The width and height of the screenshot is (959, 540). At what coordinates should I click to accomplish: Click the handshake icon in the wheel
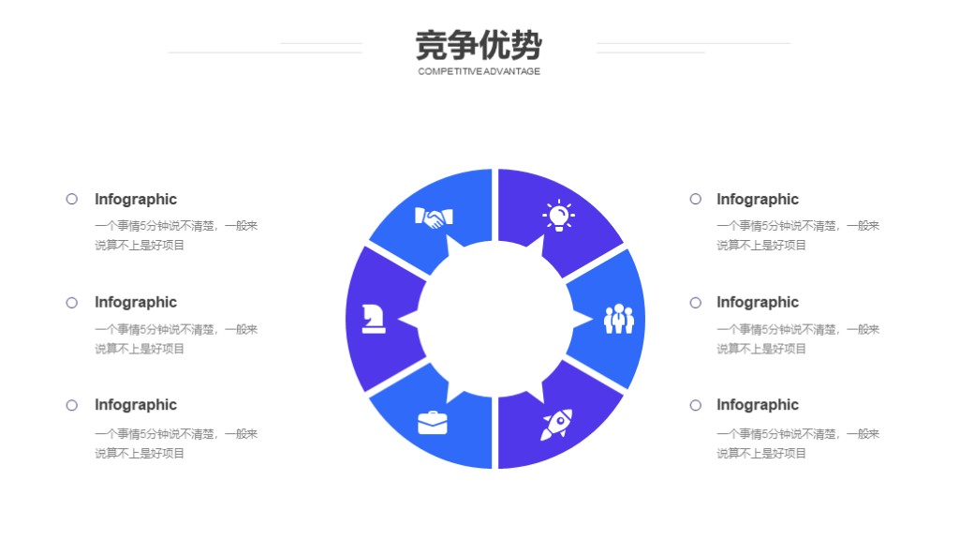click(434, 217)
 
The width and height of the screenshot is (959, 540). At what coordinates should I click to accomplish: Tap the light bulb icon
click(558, 216)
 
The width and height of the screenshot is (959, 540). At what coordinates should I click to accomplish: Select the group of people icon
click(619, 319)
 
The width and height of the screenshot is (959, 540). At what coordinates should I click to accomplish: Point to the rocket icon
click(556, 425)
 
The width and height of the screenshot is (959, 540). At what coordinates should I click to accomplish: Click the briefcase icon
click(433, 423)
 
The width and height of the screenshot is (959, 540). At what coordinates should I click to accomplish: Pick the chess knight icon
click(373, 319)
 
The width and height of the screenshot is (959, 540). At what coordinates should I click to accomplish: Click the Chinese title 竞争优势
click(479, 45)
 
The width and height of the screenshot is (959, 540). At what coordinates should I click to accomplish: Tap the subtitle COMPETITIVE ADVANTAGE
click(479, 71)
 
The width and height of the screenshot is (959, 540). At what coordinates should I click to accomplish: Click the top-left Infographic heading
click(136, 200)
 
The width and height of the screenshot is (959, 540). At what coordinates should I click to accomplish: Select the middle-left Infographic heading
click(136, 303)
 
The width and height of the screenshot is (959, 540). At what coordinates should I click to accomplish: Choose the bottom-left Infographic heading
click(136, 405)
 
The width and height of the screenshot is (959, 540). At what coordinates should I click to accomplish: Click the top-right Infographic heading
click(758, 200)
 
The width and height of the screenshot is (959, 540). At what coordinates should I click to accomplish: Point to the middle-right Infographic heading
click(758, 303)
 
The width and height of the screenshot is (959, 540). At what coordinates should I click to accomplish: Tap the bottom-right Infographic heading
click(758, 405)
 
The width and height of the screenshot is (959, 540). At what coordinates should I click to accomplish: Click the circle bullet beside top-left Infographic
click(71, 199)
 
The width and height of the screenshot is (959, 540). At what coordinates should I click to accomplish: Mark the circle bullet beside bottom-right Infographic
click(696, 405)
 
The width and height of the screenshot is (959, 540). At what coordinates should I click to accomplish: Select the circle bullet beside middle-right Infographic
click(696, 303)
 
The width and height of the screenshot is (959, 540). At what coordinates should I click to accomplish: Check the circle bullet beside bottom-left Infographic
click(71, 405)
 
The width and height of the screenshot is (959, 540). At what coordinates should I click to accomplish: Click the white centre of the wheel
click(494, 319)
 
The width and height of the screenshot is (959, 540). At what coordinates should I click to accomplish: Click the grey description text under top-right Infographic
click(798, 235)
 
